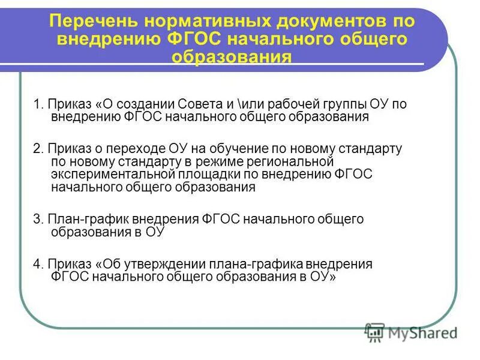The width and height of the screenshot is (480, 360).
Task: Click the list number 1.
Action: [37, 104]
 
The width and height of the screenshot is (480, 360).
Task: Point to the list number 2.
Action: [37, 148]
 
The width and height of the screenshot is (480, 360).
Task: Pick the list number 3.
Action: [37, 220]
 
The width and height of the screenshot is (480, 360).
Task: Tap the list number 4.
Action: [37, 265]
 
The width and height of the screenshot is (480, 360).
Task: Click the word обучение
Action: [235, 148]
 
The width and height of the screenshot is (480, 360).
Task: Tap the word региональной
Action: [294, 161]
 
